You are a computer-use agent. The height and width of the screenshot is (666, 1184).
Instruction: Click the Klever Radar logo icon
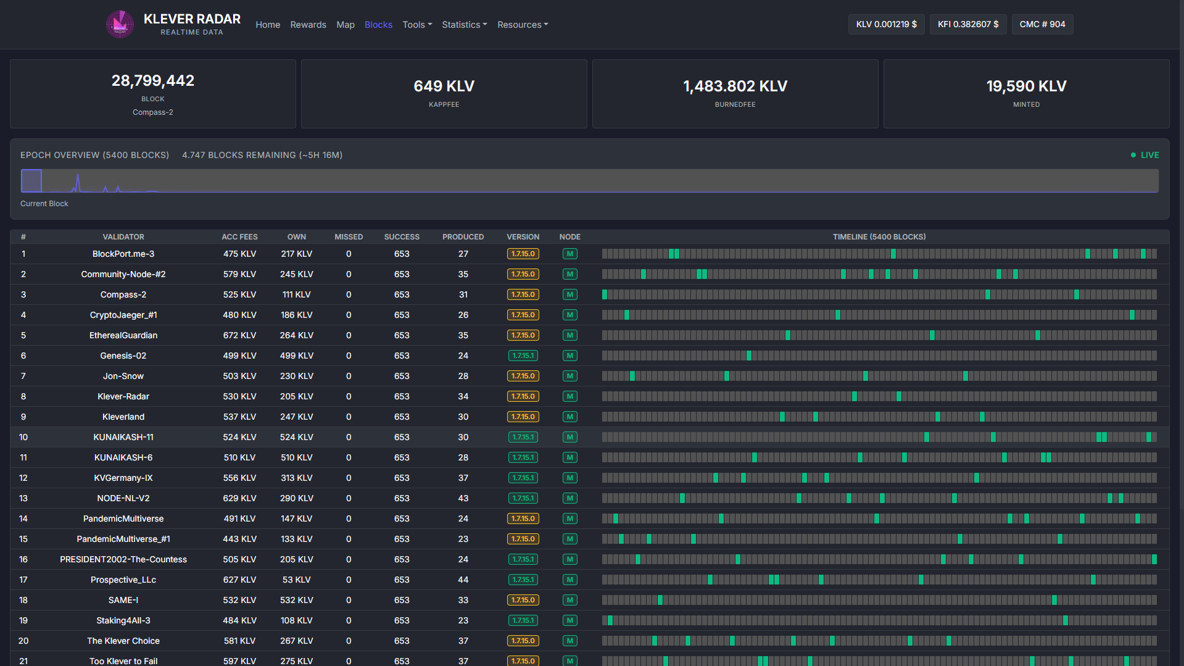pyautogui.click(x=120, y=25)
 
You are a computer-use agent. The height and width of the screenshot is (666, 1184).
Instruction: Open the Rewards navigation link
pyautogui.click(x=308, y=25)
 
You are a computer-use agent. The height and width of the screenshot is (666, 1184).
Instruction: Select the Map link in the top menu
pyautogui.click(x=346, y=25)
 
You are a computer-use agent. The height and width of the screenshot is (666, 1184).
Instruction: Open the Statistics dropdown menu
pyautogui.click(x=464, y=25)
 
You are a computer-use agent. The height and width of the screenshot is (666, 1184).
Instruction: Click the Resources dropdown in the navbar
pyautogui.click(x=523, y=25)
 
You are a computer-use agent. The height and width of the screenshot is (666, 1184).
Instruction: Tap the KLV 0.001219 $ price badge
pyautogui.click(x=886, y=24)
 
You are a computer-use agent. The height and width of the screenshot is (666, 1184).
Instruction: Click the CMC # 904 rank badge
pyautogui.click(x=1042, y=24)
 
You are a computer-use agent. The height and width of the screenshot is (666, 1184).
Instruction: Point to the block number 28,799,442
pyautogui.click(x=153, y=81)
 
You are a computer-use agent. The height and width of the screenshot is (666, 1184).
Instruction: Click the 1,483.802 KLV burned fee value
pyautogui.click(x=735, y=86)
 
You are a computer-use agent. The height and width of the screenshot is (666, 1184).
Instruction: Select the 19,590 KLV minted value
pyautogui.click(x=1026, y=86)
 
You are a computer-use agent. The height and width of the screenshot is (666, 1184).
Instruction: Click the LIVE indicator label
pyautogui.click(x=1149, y=155)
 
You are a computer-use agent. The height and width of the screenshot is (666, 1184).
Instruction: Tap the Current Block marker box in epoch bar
pyautogui.click(x=31, y=181)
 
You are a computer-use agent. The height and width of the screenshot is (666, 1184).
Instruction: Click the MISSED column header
pyautogui.click(x=349, y=237)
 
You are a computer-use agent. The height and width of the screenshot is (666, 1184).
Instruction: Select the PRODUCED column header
pyautogui.click(x=463, y=237)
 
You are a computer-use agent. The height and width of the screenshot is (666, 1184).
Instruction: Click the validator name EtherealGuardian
pyautogui.click(x=123, y=335)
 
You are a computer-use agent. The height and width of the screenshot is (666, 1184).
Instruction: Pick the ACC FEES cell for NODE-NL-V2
pyautogui.click(x=239, y=498)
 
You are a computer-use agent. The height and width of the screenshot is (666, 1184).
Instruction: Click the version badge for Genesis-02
pyautogui.click(x=523, y=356)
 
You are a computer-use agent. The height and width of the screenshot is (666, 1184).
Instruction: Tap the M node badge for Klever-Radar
pyautogui.click(x=569, y=396)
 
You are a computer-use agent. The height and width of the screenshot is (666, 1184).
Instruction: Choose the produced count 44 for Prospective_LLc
pyautogui.click(x=463, y=580)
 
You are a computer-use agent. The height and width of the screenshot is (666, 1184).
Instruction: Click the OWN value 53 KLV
pyautogui.click(x=296, y=580)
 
